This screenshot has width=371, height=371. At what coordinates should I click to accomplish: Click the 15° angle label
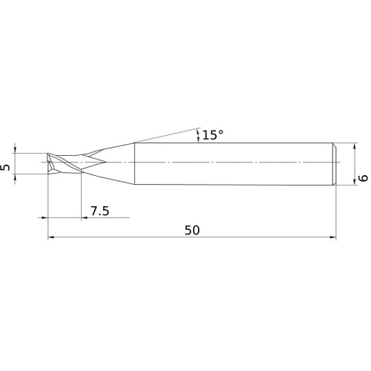coord(213,135)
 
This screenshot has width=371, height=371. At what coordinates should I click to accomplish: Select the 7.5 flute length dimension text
coord(100,211)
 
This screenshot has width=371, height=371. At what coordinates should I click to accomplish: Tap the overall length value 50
coord(192,230)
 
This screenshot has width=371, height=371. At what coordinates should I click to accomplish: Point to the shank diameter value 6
coord(364,178)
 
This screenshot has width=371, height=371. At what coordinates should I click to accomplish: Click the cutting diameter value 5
coord(5,168)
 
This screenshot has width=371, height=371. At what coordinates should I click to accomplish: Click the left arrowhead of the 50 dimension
coord(50,237)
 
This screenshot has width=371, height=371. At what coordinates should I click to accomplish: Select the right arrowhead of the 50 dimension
coord(333,237)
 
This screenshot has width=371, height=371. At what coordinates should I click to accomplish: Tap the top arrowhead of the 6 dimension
coord(355,146)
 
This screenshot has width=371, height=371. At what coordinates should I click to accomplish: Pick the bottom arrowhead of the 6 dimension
coord(355,182)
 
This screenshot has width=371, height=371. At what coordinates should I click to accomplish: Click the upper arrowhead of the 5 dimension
coord(16,150)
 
